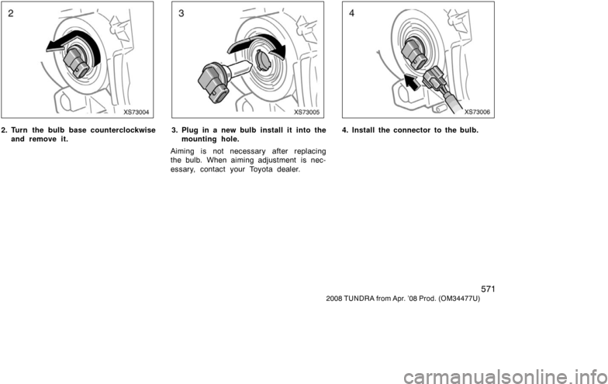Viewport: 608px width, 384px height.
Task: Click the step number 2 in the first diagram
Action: click(x=11, y=13)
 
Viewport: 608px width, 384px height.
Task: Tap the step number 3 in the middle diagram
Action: click(x=181, y=13)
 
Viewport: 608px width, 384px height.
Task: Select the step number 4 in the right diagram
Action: click(x=352, y=13)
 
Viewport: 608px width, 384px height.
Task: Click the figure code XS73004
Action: click(x=136, y=112)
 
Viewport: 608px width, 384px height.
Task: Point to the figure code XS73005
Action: click(x=307, y=112)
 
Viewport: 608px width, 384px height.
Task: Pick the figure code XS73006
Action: click(x=478, y=112)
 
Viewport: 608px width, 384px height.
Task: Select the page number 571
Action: click(x=488, y=289)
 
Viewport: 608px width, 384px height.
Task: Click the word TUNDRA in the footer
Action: click(x=358, y=299)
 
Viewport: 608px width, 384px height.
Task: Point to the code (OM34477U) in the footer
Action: click(x=459, y=299)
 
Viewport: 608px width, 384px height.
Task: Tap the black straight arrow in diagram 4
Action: click(x=413, y=81)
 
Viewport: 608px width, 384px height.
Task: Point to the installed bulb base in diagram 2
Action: click(x=78, y=62)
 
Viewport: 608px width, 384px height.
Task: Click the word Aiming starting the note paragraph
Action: click(x=183, y=152)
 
